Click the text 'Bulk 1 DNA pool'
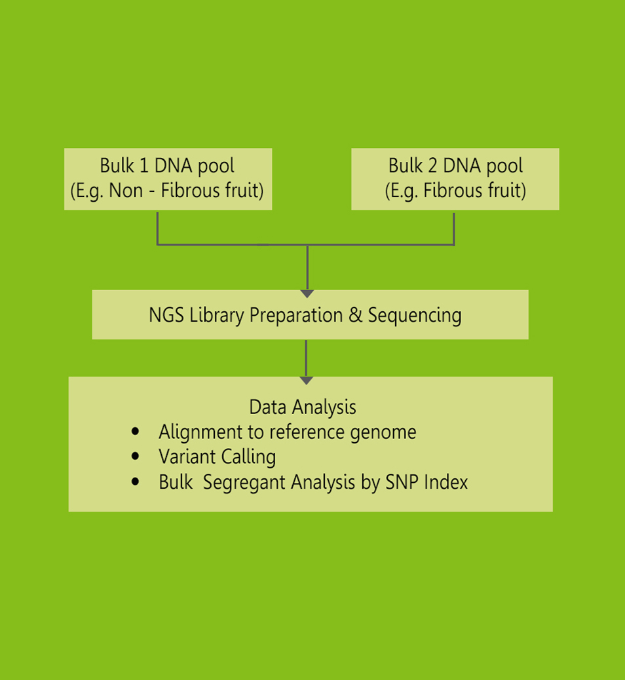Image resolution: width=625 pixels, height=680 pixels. click(x=167, y=166)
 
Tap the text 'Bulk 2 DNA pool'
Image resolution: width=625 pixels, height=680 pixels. click(x=455, y=166)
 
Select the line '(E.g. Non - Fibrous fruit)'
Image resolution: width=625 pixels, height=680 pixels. click(x=167, y=191)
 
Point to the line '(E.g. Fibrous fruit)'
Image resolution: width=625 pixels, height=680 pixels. click(x=455, y=191)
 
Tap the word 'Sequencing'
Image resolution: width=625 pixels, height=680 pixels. click(x=415, y=315)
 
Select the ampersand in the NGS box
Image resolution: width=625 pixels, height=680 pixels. click(x=355, y=315)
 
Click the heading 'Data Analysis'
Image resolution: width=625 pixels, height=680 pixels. click(x=303, y=407)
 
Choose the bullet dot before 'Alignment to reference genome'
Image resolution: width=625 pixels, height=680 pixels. click(x=136, y=432)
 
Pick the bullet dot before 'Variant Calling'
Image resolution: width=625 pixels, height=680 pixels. click(x=136, y=457)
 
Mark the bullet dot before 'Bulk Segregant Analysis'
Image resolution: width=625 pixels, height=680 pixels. click(x=136, y=482)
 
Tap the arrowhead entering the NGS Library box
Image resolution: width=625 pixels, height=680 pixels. click(x=307, y=293)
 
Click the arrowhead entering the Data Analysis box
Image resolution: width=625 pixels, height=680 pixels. click(x=306, y=380)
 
